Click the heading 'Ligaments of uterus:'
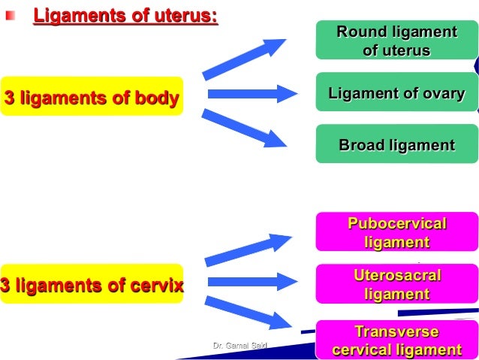[125, 14]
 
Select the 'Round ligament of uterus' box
[396, 41]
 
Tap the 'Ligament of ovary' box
[396, 93]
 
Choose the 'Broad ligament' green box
[396, 144]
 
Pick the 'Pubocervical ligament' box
[396, 232]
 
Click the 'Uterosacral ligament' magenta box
[396, 284]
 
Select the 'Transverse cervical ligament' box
[396, 340]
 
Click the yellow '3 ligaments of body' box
[92, 97]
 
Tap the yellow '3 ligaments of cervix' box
[92, 286]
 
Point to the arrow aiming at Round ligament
[245, 58]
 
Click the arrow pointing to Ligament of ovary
[242, 94]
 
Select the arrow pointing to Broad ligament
[245, 128]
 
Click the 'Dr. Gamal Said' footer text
[235, 345]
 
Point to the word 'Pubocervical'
[396, 224]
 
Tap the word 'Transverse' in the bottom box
[396, 331]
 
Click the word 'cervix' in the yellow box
[154, 286]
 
